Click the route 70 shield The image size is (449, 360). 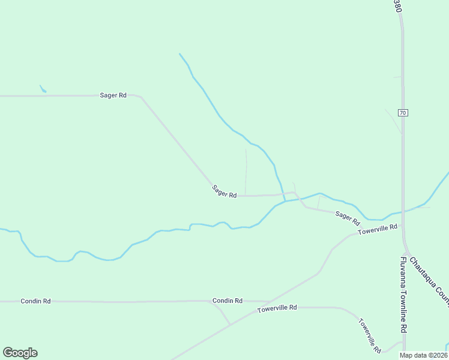[403, 112]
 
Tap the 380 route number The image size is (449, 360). [397, 7]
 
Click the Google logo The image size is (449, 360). [20, 353]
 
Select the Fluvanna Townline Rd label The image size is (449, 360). [403, 295]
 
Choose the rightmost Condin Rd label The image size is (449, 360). [227, 301]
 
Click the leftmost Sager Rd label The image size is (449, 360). [113, 95]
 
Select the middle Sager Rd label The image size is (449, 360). [224, 191]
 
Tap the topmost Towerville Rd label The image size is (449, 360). [378, 229]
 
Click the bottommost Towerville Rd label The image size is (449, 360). [370, 335]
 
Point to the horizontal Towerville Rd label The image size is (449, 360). [277, 308]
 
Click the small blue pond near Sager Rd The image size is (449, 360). [43, 89]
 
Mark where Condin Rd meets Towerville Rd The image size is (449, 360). [230, 325]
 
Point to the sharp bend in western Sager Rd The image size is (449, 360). [140, 97]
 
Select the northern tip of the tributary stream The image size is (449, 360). [179, 54]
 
